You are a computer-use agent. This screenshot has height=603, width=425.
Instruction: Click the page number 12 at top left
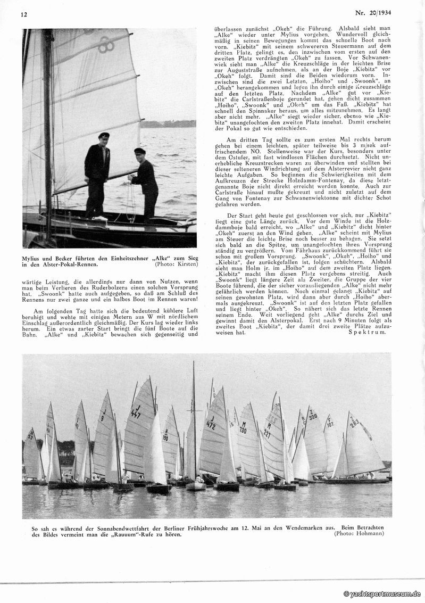click(x=24, y=14)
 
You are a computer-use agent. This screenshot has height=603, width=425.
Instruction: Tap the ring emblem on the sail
click(x=105, y=44)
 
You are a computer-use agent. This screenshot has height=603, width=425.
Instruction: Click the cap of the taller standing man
click(x=104, y=136)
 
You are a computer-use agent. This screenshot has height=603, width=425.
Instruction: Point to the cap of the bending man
click(x=140, y=151)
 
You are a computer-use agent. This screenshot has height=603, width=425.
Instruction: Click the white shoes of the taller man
click(x=99, y=218)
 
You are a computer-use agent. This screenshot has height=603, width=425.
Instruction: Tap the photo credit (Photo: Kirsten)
click(x=175, y=263)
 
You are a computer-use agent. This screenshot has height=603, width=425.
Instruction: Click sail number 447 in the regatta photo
click(x=136, y=414)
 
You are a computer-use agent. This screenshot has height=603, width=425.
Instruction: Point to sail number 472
click(x=211, y=425)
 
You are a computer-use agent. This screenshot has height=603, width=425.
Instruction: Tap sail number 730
click(x=242, y=428)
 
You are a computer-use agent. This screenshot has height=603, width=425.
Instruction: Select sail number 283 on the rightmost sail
click(x=354, y=424)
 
